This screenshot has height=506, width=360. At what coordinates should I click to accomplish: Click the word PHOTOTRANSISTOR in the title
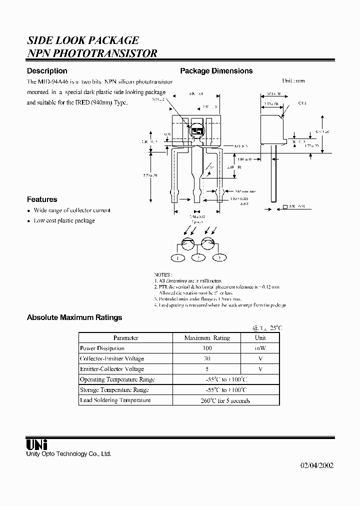[x=105, y=53]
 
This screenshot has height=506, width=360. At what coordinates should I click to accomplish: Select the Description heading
[x=47, y=71]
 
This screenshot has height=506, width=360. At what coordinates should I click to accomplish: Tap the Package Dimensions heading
[x=216, y=71]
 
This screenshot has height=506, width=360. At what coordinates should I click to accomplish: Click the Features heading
[x=42, y=199]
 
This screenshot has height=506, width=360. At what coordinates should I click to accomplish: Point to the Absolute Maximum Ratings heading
[x=74, y=317]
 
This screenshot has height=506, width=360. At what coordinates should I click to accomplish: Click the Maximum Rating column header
[x=207, y=338]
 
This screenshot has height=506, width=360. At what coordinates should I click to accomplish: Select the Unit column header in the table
[x=260, y=338]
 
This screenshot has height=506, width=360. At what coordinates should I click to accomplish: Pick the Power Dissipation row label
[x=102, y=348]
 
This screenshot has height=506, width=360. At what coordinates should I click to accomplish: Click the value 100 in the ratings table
[x=207, y=348]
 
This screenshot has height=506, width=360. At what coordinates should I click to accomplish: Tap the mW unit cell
[x=260, y=348]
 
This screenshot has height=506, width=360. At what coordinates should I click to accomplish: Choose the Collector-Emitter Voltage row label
[x=112, y=358]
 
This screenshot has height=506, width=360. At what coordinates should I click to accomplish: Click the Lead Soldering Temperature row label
[x=115, y=400]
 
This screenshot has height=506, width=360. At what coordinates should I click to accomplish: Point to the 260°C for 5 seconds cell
[x=225, y=400]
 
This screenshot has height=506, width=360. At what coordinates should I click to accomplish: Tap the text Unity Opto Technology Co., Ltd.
[x=68, y=453]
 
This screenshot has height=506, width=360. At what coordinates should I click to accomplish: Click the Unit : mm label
[x=293, y=80]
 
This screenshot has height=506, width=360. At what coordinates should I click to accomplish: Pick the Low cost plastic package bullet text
[x=64, y=220]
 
